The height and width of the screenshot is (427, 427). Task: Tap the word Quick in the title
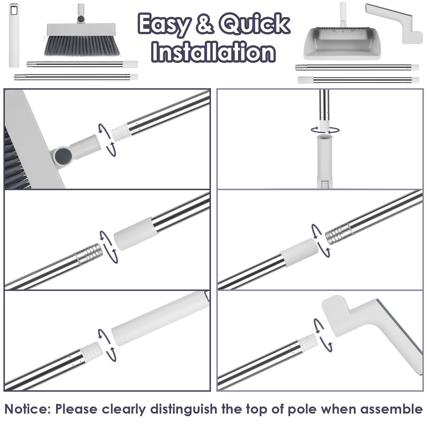[x=254, y=24]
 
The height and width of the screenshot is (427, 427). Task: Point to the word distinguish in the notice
[x=184, y=409]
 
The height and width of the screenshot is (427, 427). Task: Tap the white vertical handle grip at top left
[x=13, y=36]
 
